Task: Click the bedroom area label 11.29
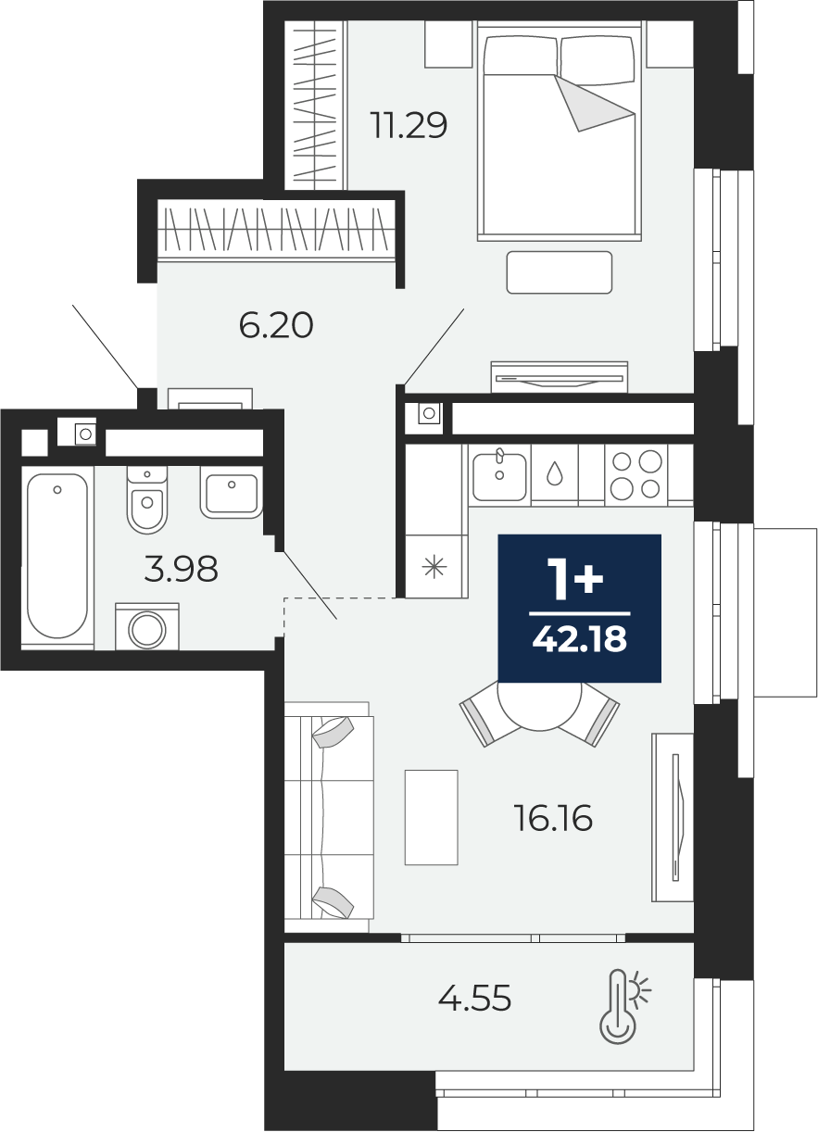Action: [x=409, y=125]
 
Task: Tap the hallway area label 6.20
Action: [x=276, y=325]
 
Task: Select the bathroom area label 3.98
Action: [x=181, y=568]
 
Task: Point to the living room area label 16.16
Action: [x=553, y=818]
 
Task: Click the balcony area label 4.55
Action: [x=474, y=999]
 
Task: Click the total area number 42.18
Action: [x=580, y=639]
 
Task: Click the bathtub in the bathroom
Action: [x=57, y=556]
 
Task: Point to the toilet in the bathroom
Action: [x=147, y=499]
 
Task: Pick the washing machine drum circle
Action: [x=147, y=630]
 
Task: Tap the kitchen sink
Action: [x=499, y=476]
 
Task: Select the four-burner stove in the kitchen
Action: [x=636, y=475]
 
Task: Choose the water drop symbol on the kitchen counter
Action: [x=554, y=473]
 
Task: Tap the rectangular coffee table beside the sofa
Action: [x=431, y=817]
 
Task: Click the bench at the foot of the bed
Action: [x=560, y=272]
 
